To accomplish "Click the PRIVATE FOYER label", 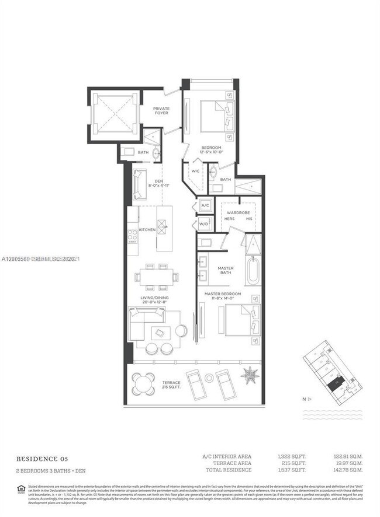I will pyautogui.click(x=161, y=110).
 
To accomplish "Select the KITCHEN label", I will pyautogui.click(x=147, y=230).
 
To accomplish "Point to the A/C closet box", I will pyautogui.click(x=205, y=206).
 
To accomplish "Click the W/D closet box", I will pyautogui.click(x=205, y=223).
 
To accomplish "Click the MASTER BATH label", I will pyautogui.click(x=226, y=271).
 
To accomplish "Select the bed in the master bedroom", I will pyautogui.click(x=239, y=320).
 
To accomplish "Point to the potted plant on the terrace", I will pyautogui.click(x=250, y=375).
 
